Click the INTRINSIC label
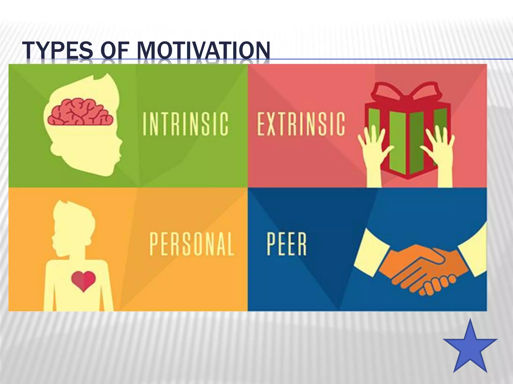tap(185, 124)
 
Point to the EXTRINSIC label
tap(301, 124)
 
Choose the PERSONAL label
tap(192, 244)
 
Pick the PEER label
tap(287, 244)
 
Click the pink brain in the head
tap(80, 112)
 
